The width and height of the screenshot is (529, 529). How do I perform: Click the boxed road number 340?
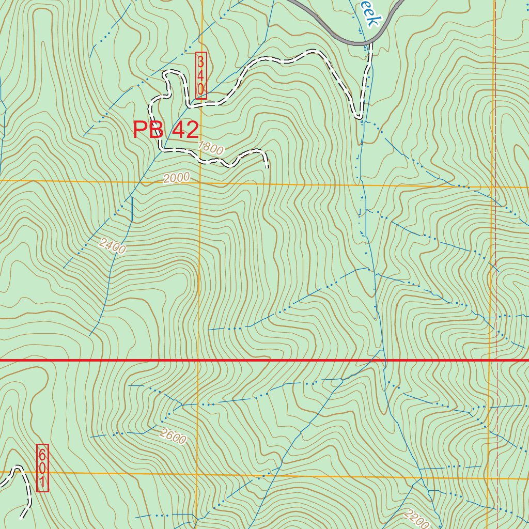coord(201,75)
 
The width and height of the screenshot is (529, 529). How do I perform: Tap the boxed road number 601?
coord(42,468)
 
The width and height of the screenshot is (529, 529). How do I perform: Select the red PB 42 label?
coord(166,130)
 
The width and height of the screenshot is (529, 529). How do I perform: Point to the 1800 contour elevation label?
coord(211,149)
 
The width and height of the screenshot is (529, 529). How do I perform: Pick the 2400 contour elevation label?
coord(113,246)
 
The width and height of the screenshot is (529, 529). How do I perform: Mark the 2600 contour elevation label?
coord(173,437)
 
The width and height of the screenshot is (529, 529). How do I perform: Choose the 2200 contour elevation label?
coord(417,519)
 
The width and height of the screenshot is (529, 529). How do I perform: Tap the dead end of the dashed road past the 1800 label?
coord(267,166)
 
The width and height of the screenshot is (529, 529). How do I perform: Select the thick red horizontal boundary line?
coord(258,360)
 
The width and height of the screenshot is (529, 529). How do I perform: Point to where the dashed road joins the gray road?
coord(370,44)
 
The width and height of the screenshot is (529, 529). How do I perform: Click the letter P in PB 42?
coord(141,130)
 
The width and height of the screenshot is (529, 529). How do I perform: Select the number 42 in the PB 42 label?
coord(185,130)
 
